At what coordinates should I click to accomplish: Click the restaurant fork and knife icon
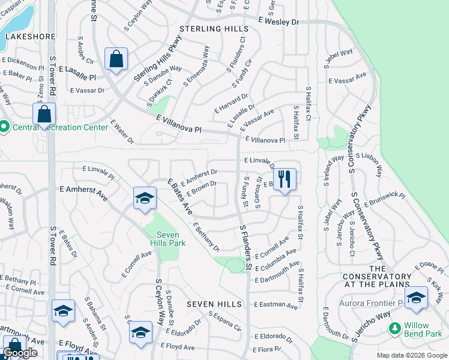click(x=285, y=179)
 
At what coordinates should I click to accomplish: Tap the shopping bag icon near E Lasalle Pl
click(x=116, y=59)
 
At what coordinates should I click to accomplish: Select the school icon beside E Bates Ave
click(x=145, y=199)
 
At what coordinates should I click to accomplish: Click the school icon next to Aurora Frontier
click(x=416, y=298)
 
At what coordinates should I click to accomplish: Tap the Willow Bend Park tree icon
click(x=394, y=328)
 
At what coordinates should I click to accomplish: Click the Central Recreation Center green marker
click(x=4, y=127)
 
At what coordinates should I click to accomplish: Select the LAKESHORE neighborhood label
click(x=22, y=36)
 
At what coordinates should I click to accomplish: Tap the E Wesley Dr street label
click(x=279, y=21)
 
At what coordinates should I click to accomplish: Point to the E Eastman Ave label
click(x=276, y=305)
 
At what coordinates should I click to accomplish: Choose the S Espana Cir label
click(x=224, y=322)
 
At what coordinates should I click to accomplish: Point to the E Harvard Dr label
click(x=231, y=103)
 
